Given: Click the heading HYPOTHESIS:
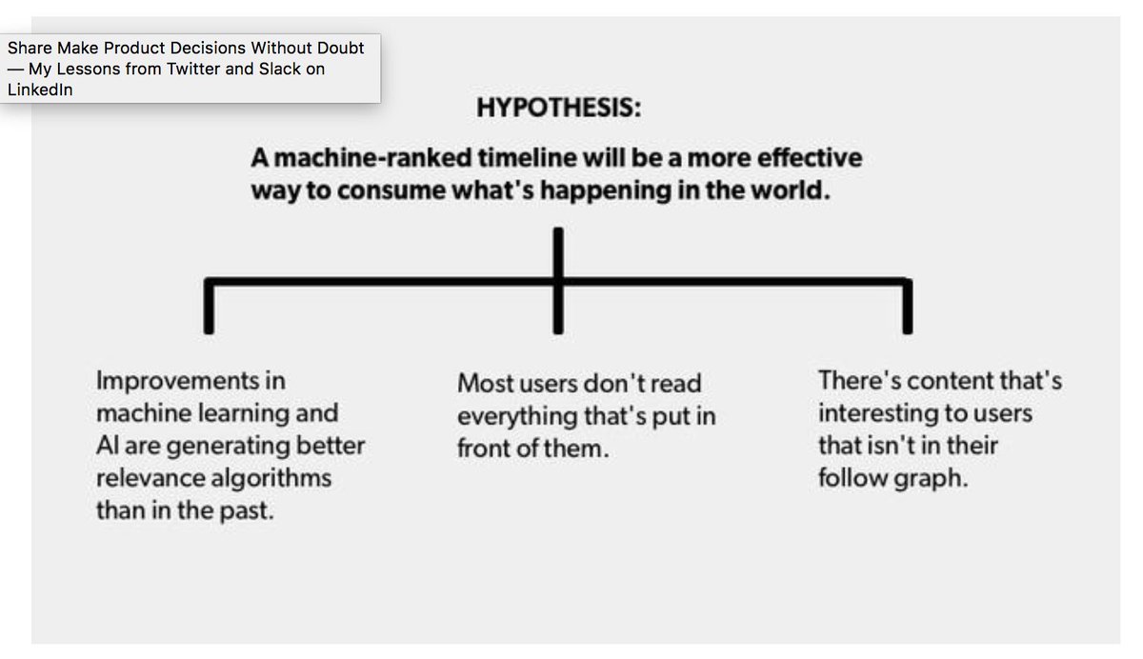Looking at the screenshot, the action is (x=558, y=108).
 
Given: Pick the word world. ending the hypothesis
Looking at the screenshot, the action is (x=795, y=190).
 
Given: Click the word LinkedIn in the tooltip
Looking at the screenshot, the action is (x=41, y=90).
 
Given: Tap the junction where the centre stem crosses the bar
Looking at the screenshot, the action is (x=559, y=281).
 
